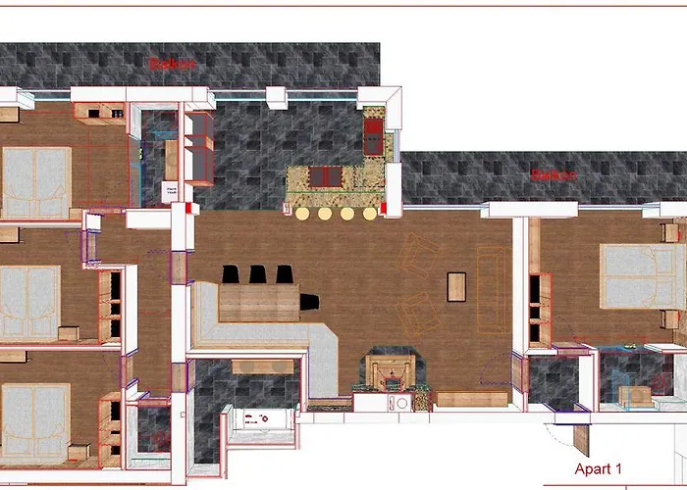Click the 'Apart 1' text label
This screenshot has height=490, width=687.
pos(599,469)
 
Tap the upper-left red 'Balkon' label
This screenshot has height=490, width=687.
pos(172,64)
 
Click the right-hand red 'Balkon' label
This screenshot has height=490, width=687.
pos(552,176)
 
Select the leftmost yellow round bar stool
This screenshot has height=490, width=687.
pos(302,213)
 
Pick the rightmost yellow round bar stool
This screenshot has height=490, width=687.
pos(370,213)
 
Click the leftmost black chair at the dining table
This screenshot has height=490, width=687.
pos(232,275)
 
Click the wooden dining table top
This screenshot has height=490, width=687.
pos(257,302)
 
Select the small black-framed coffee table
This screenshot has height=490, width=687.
pos(456,285)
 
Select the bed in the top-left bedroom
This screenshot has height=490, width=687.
pos(35,182)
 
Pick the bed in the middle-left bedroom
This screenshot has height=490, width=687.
pos(29,302)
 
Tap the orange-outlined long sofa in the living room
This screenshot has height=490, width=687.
pos(491,290)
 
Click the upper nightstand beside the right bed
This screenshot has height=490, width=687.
pos(671,232)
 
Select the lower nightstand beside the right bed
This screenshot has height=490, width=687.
pos(671,318)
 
